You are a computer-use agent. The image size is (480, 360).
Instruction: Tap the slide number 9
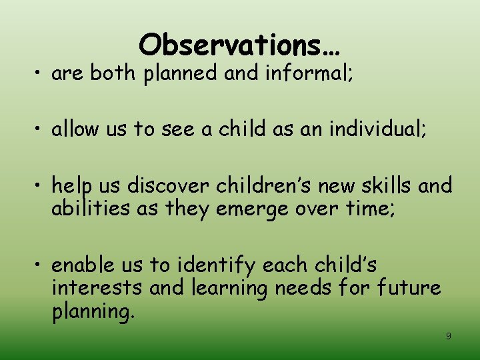point(448,336)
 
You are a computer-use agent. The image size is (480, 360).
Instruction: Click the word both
point(112,73)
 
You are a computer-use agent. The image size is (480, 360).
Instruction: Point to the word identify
point(215,265)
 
